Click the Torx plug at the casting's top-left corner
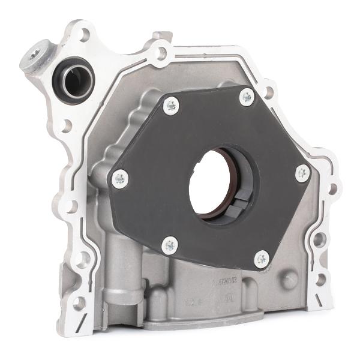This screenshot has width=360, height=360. click(34, 53)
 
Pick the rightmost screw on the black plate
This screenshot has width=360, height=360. click(302, 173)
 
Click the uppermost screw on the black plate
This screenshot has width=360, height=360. click(246, 97)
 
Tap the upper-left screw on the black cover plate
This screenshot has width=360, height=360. click(171, 106)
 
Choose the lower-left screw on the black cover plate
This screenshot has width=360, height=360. click(170, 244)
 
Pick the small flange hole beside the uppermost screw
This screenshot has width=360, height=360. click(268, 92)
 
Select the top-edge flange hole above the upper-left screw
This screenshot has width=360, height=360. click(160, 53)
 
